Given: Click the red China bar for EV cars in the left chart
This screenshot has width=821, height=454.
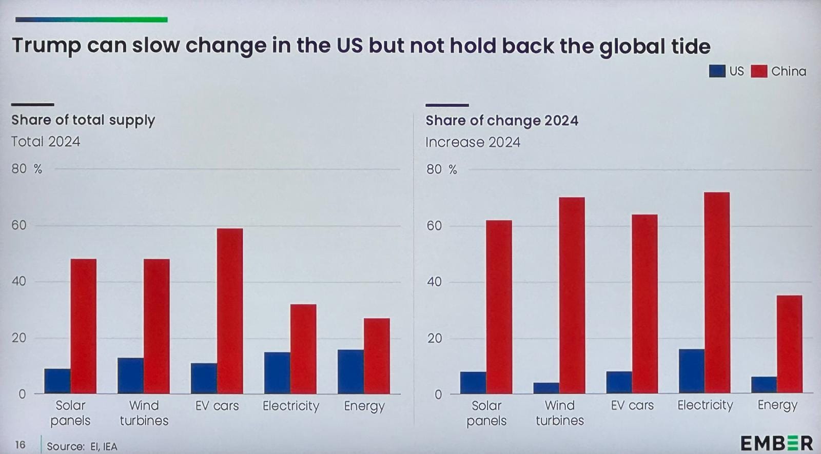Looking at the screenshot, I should pos(230,311).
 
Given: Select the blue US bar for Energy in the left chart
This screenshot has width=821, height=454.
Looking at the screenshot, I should pos(350,371).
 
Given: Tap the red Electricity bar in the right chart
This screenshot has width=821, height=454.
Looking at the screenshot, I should pos(717,293).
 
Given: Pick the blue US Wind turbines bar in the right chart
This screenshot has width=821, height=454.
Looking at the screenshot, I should pos(546,388).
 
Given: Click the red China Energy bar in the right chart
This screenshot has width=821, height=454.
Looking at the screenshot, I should pos(789,344).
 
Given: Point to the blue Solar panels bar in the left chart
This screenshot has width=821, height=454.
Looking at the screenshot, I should pos(57,381).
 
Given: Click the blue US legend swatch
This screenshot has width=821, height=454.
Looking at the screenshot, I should pos(717,71).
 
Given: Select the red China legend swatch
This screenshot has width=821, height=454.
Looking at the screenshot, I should pos(758,71).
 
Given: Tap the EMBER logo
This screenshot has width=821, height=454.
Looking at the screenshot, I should pos(776,443).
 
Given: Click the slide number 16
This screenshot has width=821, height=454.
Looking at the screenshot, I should pos(20,444).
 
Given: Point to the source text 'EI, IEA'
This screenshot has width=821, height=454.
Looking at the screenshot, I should pos(104,446).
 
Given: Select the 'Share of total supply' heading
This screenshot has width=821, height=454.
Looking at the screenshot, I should pos(83,120).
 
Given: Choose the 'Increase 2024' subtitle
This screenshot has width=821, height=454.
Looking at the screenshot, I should pos(473,142).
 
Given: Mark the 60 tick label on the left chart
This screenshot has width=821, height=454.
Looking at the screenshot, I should pos(19,225).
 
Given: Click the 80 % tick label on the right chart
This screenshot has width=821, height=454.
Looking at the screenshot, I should pos(441,169).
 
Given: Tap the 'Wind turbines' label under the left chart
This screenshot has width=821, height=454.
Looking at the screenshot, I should pos(144,413).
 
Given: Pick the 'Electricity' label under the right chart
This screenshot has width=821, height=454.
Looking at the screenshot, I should pos(705,405).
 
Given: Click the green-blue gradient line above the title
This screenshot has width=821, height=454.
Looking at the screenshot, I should pos(91,19).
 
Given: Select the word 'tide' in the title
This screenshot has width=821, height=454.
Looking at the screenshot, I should pos(691,46).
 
